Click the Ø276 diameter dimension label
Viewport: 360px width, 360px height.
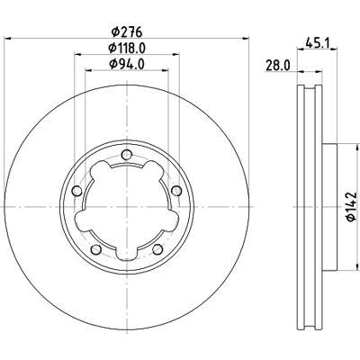(x=127, y=32)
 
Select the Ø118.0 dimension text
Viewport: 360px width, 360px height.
(x=127, y=48)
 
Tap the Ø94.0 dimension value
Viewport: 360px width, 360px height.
(x=127, y=64)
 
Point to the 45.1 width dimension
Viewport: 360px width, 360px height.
(x=318, y=42)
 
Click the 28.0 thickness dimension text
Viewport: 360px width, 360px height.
(x=278, y=66)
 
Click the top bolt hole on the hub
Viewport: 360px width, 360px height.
(x=127, y=155)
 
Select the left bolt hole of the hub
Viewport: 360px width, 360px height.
(x=77, y=191)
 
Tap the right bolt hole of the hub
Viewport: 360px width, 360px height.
(x=176, y=191)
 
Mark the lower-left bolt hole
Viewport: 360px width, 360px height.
(x=96, y=249)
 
